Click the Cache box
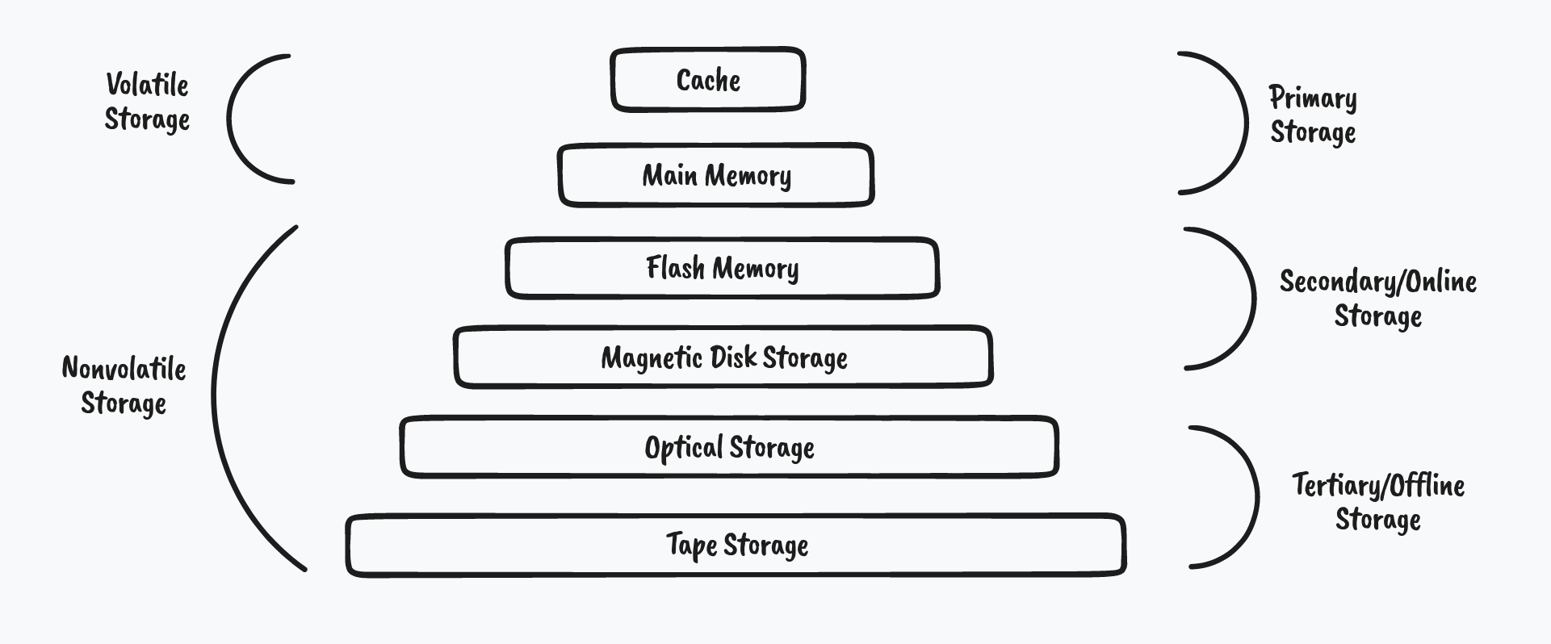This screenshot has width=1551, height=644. pos(708,80)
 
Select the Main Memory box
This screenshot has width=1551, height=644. pos(716,175)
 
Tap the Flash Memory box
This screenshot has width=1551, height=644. pos(722,268)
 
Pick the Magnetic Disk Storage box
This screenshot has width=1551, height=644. pos(723,357)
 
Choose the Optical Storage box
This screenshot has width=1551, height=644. pos(729,447)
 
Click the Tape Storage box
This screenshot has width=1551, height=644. pos(736,545)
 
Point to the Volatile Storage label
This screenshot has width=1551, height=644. pos(147,102)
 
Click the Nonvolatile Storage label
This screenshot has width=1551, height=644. pos(124,386)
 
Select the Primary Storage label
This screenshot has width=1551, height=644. pos(1313,115)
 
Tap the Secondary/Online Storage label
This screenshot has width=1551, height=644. pos(1377,298)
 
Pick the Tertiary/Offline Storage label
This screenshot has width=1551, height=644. pos(1377,502)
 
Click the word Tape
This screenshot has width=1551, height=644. pos(691,546)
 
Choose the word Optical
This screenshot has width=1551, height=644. pos(683,448)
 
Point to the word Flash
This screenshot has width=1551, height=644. pos(675,268)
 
